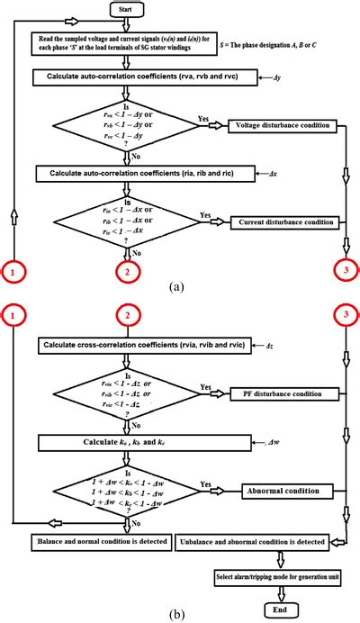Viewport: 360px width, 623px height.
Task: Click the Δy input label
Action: [x=277, y=79]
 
